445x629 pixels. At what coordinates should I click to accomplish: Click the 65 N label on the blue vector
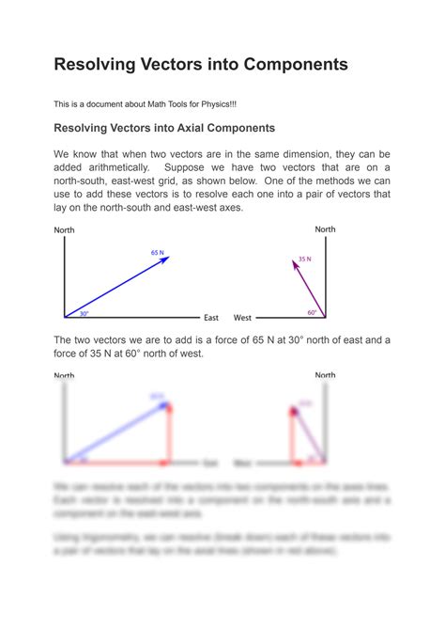coord(157,252)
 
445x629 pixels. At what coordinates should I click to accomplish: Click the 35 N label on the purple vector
coord(304,259)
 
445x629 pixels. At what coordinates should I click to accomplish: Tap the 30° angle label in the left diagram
coord(84,313)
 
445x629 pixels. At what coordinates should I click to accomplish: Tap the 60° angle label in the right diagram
coord(314,312)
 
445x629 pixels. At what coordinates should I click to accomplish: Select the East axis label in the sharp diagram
coord(211,318)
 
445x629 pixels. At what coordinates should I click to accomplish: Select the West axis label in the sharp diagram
coord(242,318)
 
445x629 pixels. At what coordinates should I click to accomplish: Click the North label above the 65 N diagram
coord(65,229)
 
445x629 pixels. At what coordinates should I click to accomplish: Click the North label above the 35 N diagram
coord(325,228)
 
